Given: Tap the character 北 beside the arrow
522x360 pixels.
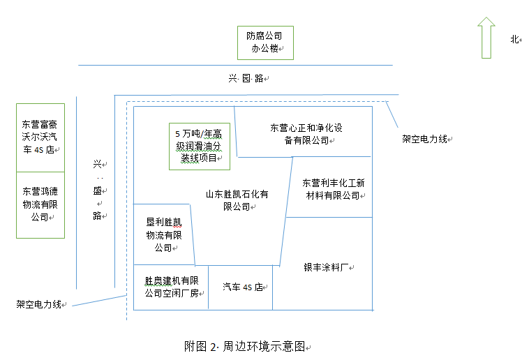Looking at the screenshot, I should (x=514, y=40).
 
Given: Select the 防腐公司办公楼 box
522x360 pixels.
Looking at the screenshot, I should (x=264, y=43).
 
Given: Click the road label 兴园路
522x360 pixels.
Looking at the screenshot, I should (x=246, y=78).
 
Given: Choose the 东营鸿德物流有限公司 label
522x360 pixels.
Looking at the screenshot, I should (x=40, y=203).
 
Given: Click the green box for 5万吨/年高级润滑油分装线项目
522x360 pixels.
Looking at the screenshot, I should (x=200, y=146).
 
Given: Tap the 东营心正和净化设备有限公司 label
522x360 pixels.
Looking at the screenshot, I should (x=306, y=134).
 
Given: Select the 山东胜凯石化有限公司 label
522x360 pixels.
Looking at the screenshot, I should (x=237, y=200).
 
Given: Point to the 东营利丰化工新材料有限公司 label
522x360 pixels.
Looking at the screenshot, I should (x=331, y=189).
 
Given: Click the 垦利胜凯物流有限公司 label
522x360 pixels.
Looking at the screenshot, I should (x=163, y=234).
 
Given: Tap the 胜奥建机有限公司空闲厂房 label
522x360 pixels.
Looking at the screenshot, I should (x=171, y=287).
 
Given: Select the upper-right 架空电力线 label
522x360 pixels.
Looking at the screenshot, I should (x=424, y=140).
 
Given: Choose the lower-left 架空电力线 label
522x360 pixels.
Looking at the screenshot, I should (x=39, y=305).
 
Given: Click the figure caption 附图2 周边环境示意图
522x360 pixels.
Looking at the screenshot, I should (x=245, y=346).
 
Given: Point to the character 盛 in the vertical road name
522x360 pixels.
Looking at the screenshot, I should (x=97, y=190).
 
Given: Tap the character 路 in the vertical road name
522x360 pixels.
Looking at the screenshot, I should (x=97, y=215).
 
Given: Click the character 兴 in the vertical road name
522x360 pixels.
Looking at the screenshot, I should (x=97, y=165).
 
